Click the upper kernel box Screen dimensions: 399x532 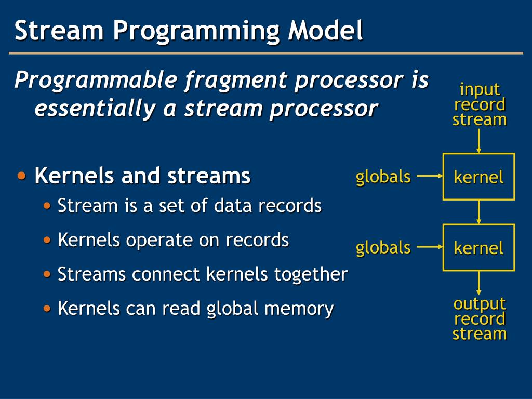point(478,177)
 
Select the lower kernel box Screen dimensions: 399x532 point(478,248)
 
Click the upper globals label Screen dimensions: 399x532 point(383,177)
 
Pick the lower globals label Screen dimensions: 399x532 point(383,247)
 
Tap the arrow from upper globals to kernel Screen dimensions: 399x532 point(429,176)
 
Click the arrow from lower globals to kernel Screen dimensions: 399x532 point(429,247)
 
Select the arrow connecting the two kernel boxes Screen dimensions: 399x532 point(478,212)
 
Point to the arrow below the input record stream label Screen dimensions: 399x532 point(478,140)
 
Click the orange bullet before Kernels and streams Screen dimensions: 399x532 point(22,176)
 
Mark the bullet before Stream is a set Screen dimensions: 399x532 point(47,206)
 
